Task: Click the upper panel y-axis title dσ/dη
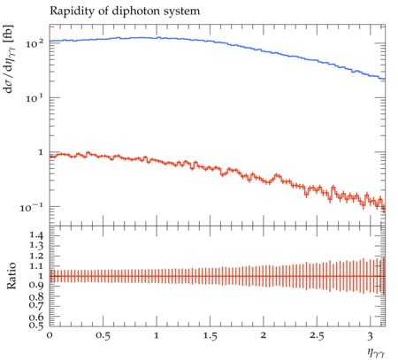(9, 59)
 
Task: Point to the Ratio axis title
(11, 276)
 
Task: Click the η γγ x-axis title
(376, 353)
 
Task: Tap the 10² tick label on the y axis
(34, 43)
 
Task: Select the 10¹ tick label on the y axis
(34, 98)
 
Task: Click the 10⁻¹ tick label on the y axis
(32, 207)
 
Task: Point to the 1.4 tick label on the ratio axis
(36, 235)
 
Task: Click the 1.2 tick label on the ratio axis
(36, 256)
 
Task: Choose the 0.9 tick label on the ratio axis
(36, 286)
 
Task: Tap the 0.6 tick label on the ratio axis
(36, 317)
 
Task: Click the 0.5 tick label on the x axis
(103, 336)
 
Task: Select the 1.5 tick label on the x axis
(210, 336)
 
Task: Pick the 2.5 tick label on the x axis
(317, 336)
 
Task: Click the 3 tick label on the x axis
(371, 336)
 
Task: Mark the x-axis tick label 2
(264, 336)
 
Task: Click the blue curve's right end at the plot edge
(385, 79)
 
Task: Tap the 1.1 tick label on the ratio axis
(36, 266)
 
